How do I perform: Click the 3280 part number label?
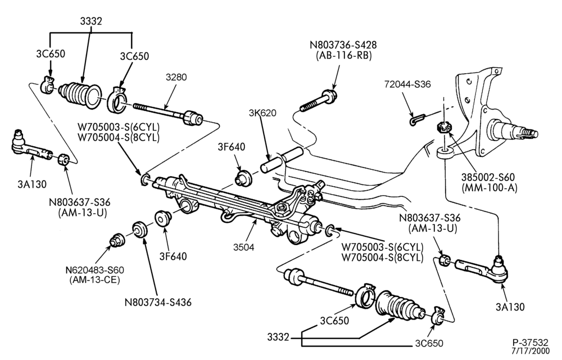176,77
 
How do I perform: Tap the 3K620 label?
262,113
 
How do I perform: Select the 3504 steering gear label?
244,247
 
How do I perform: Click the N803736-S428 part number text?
343,45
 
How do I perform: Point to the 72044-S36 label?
407,84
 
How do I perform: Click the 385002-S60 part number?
488,177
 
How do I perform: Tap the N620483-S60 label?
94,269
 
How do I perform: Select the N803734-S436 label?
158,302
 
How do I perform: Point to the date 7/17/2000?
530,350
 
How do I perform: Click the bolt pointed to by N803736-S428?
318,101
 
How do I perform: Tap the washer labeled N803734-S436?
139,229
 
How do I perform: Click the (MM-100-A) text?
490,187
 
